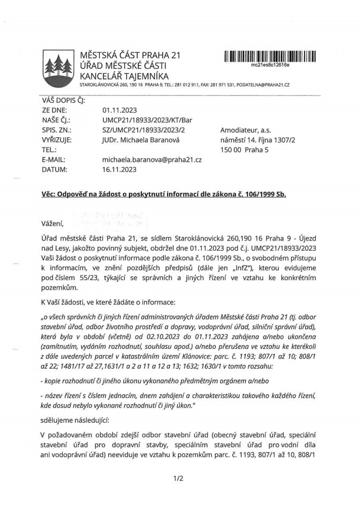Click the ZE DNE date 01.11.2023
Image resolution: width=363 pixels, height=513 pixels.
click(118, 111)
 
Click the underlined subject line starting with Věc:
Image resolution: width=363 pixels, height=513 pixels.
click(163, 195)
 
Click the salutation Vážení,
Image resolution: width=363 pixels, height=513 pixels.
click(52, 223)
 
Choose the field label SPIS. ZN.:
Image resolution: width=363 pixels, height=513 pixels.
click(56, 130)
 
